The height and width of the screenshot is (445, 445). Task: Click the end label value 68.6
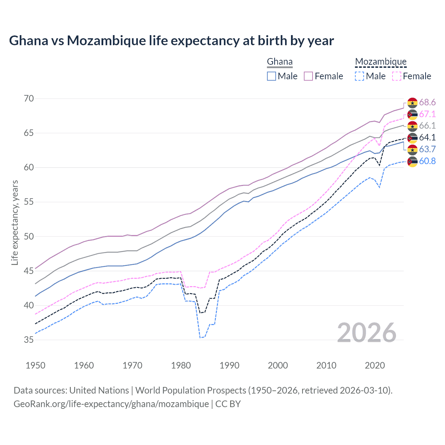point(427,103)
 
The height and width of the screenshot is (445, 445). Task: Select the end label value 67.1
point(427,114)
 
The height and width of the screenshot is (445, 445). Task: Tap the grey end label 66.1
point(427,126)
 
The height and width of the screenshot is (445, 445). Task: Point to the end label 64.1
point(427,138)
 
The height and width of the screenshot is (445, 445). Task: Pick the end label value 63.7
point(427,149)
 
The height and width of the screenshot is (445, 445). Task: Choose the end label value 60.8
point(427,161)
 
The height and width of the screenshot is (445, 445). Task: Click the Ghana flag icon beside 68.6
point(412,103)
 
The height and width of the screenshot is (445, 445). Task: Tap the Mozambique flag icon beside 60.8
point(412,162)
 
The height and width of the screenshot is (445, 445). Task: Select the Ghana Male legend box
point(272,76)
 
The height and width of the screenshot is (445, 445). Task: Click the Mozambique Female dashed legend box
point(397,76)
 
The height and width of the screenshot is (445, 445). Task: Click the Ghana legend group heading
point(280,62)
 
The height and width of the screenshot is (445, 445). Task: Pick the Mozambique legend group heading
point(381,62)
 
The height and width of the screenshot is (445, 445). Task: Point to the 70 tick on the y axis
point(29,99)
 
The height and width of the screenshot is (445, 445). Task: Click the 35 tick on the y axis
point(29,340)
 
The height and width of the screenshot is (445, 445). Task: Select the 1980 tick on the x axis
point(181,365)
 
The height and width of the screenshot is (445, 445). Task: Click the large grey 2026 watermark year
point(367,333)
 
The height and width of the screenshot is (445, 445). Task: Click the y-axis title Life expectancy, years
point(15,222)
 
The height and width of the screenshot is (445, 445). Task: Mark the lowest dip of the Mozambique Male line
point(200,337)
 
